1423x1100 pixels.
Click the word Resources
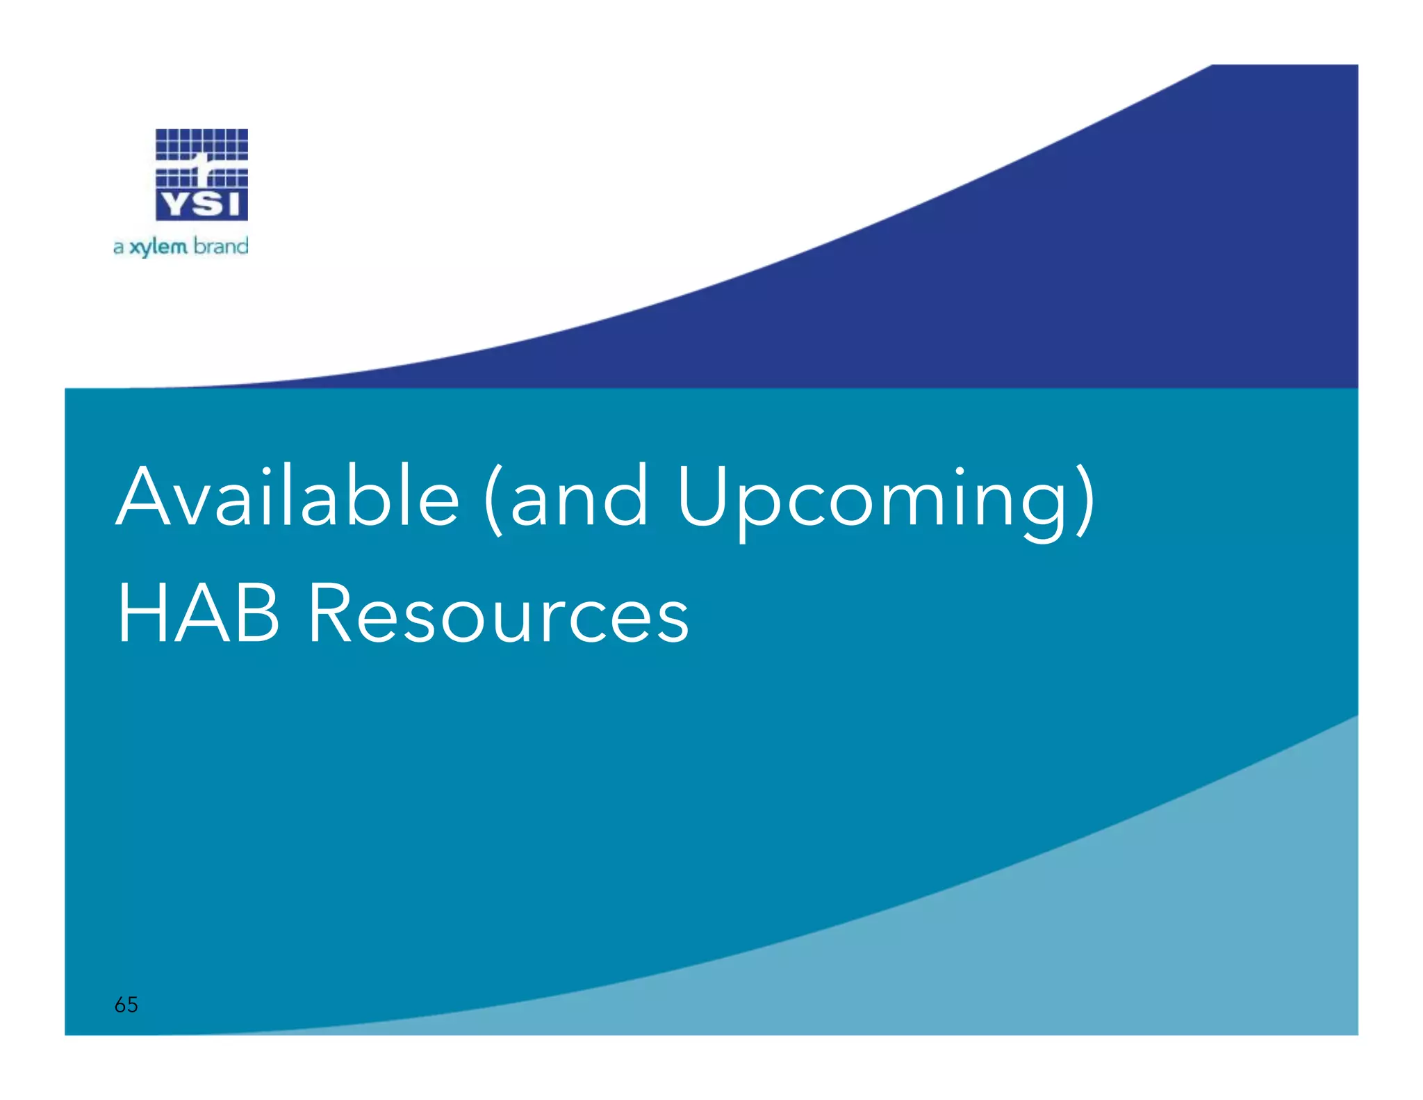pos(498,614)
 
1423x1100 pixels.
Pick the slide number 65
pos(126,1004)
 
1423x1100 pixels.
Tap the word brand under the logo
pos(220,245)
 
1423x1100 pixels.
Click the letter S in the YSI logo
pos(204,204)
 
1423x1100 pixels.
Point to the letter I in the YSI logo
pos(233,204)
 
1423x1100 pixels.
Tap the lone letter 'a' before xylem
pos(118,248)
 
